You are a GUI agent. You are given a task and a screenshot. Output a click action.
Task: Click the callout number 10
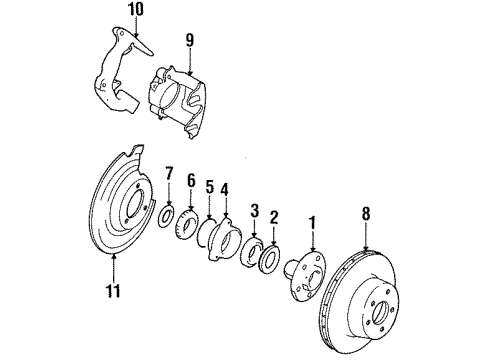pyautogui.click(x=107, y=11)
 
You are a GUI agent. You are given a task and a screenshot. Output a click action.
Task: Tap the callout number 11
pyautogui.click(x=116, y=291)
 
